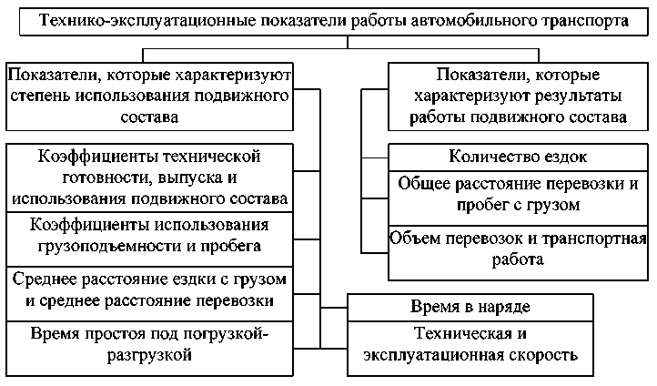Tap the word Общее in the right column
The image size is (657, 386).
click(x=424, y=184)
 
